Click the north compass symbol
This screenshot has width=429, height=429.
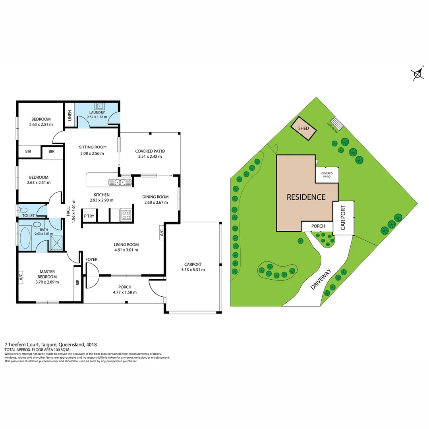click(417, 74)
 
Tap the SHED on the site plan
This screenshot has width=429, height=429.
click(304, 128)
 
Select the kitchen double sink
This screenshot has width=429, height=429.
click(120, 182)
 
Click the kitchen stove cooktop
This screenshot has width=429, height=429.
click(126, 215)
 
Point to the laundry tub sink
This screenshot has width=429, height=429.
click(99, 106)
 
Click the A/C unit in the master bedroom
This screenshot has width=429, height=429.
click(21, 276)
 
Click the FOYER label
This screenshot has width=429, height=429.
click(91, 259)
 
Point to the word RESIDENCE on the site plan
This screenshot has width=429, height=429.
click(306, 197)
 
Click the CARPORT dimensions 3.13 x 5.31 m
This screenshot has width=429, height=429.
click(193, 270)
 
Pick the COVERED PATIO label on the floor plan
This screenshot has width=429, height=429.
click(150, 151)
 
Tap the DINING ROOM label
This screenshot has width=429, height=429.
click(155, 197)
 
